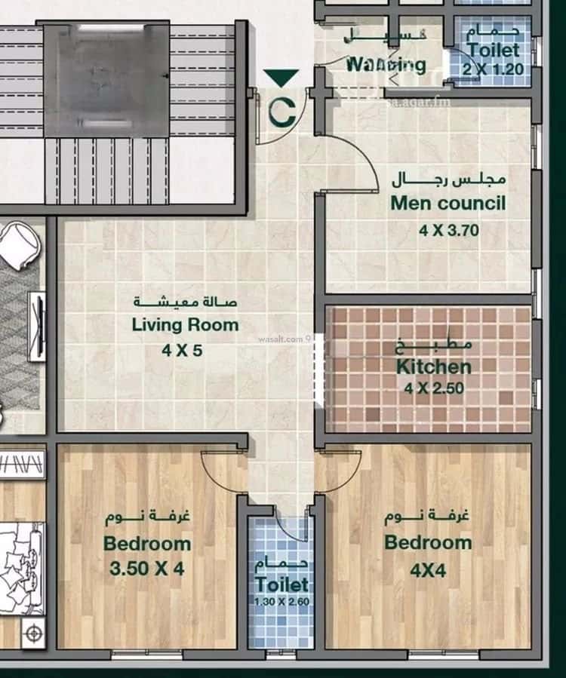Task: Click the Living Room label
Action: point(185,325)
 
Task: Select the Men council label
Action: point(448,203)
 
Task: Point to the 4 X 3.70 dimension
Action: point(449,231)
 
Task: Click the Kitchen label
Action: point(434,367)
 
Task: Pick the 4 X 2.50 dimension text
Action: point(433,389)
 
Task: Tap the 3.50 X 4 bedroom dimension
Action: point(147,569)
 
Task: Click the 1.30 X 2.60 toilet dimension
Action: point(281,601)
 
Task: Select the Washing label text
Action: point(385,64)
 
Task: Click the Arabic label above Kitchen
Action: point(434,345)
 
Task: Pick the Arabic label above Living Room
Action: point(185,302)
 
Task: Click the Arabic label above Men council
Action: point(448,180)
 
